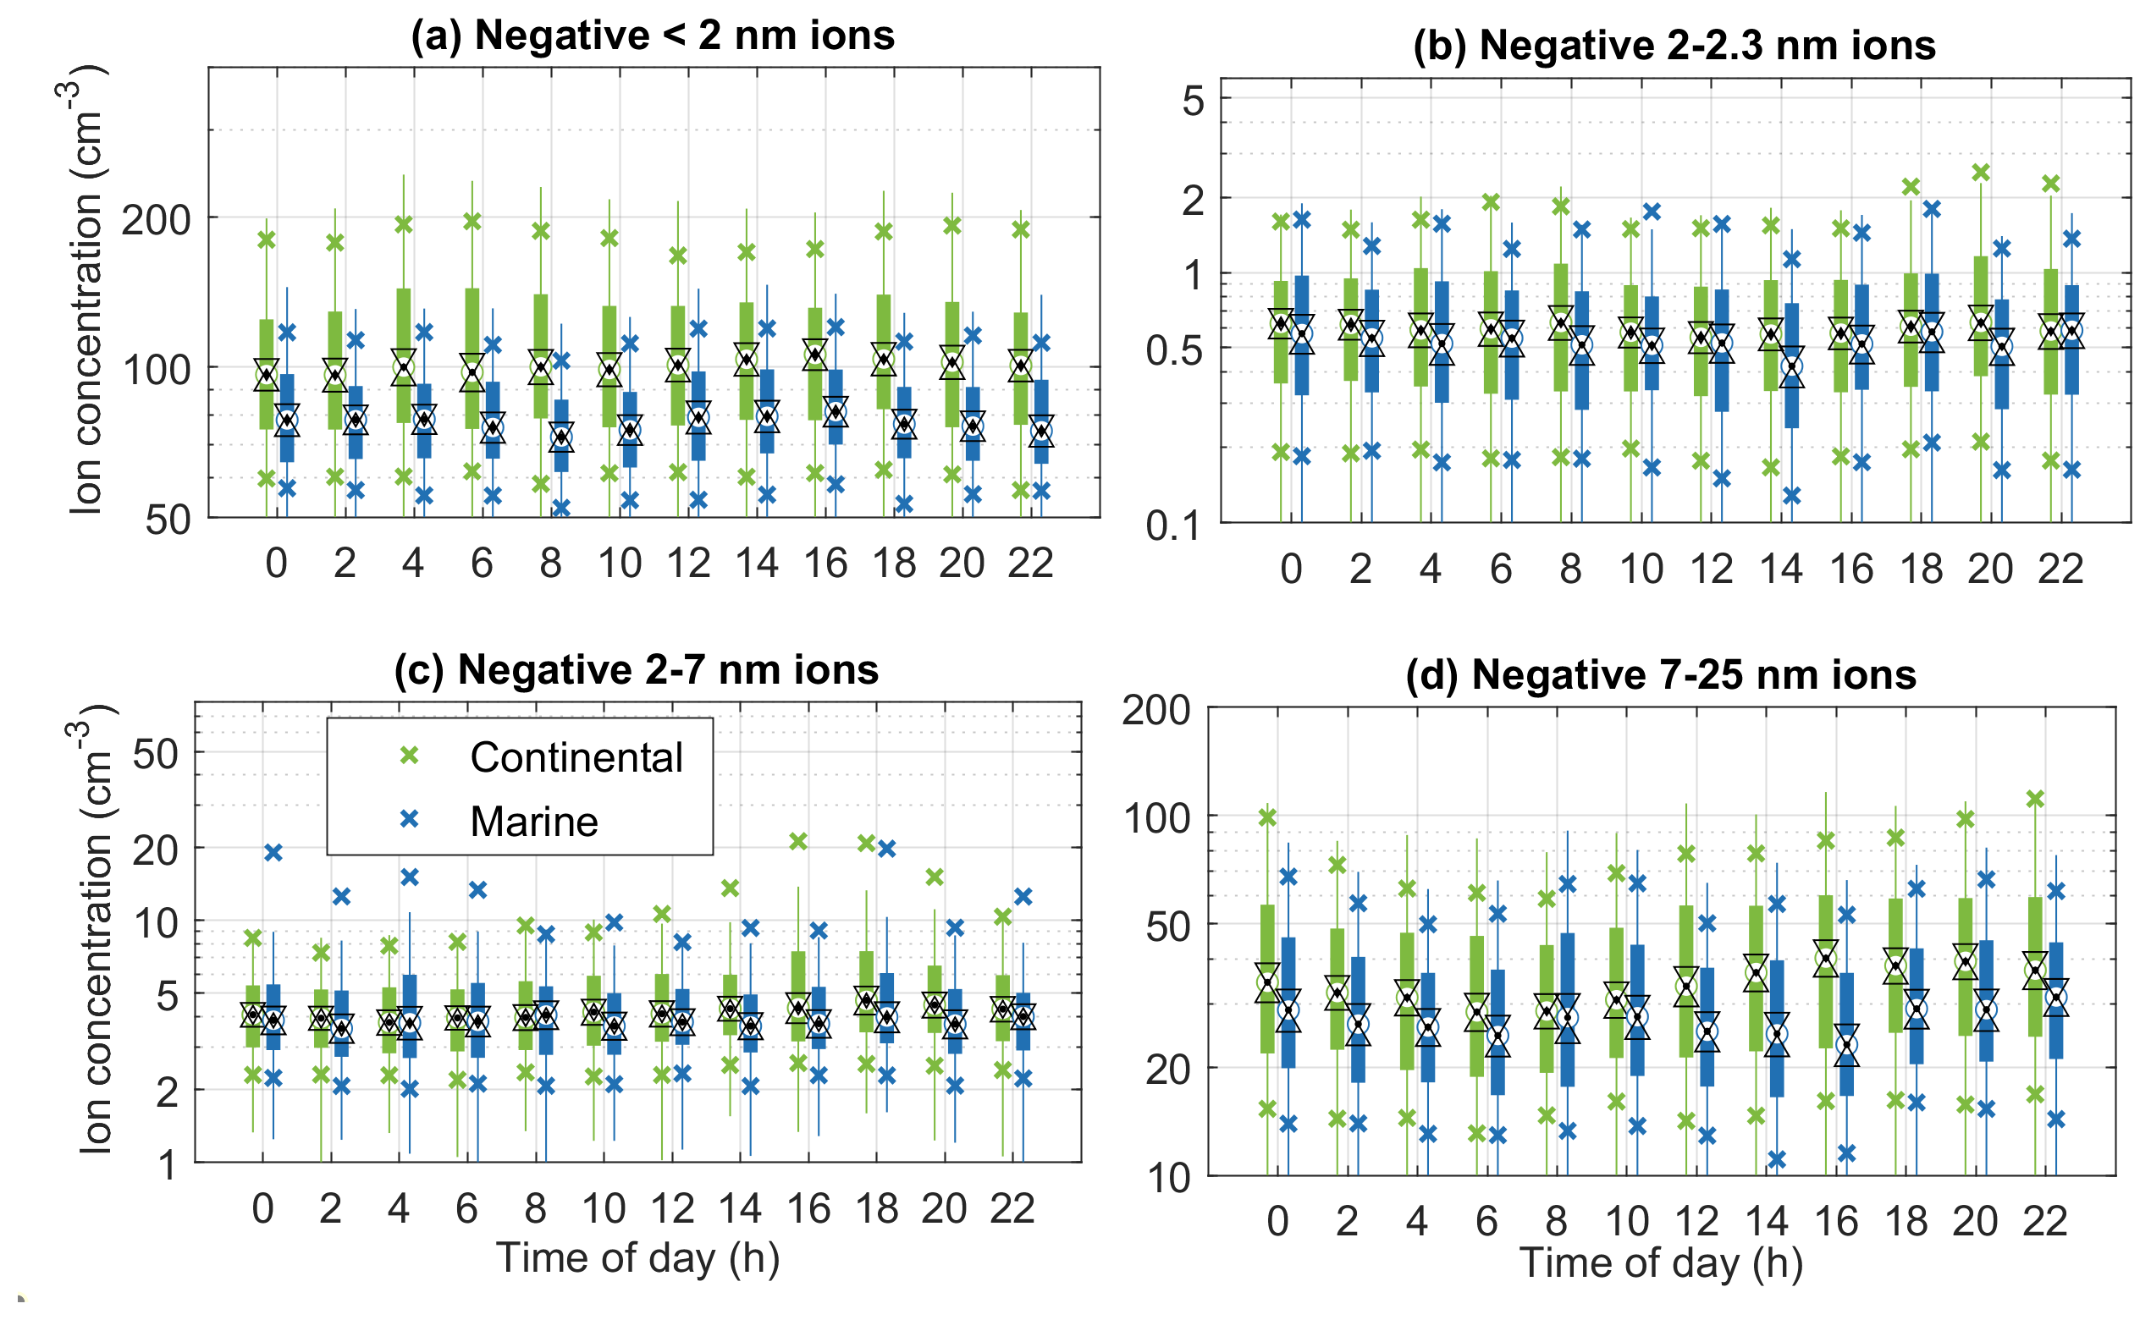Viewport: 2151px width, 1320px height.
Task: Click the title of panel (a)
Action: (653, 36)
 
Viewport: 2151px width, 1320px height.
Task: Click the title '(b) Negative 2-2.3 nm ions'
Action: (1674, 46)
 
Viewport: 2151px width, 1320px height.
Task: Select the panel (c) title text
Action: (636, 669)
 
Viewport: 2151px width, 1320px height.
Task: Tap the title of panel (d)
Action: (1660, 675)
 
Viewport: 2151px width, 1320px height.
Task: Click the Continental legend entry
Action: (576, 757)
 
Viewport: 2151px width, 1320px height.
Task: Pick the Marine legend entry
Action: (533, 822)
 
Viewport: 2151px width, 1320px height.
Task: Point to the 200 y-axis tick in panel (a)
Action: (157, 220)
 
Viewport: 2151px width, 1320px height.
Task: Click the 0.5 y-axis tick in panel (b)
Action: (1175, 350)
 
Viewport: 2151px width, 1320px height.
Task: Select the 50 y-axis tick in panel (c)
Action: (157, 753)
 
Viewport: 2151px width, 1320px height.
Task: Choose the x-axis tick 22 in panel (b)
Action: (2060, 569)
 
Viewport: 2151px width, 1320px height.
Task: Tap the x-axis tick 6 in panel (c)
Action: (467, 1209)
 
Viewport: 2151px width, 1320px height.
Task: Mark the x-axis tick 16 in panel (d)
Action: (1836, 1221)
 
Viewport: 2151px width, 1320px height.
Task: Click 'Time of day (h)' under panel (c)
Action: (637, 1258)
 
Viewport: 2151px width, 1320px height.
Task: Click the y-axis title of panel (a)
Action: (88, 288)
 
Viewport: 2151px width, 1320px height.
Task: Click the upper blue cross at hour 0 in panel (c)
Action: (273, 852)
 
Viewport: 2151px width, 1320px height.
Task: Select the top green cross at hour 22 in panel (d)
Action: (2035, 799)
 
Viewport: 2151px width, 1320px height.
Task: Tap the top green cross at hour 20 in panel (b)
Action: (1981, 173)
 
